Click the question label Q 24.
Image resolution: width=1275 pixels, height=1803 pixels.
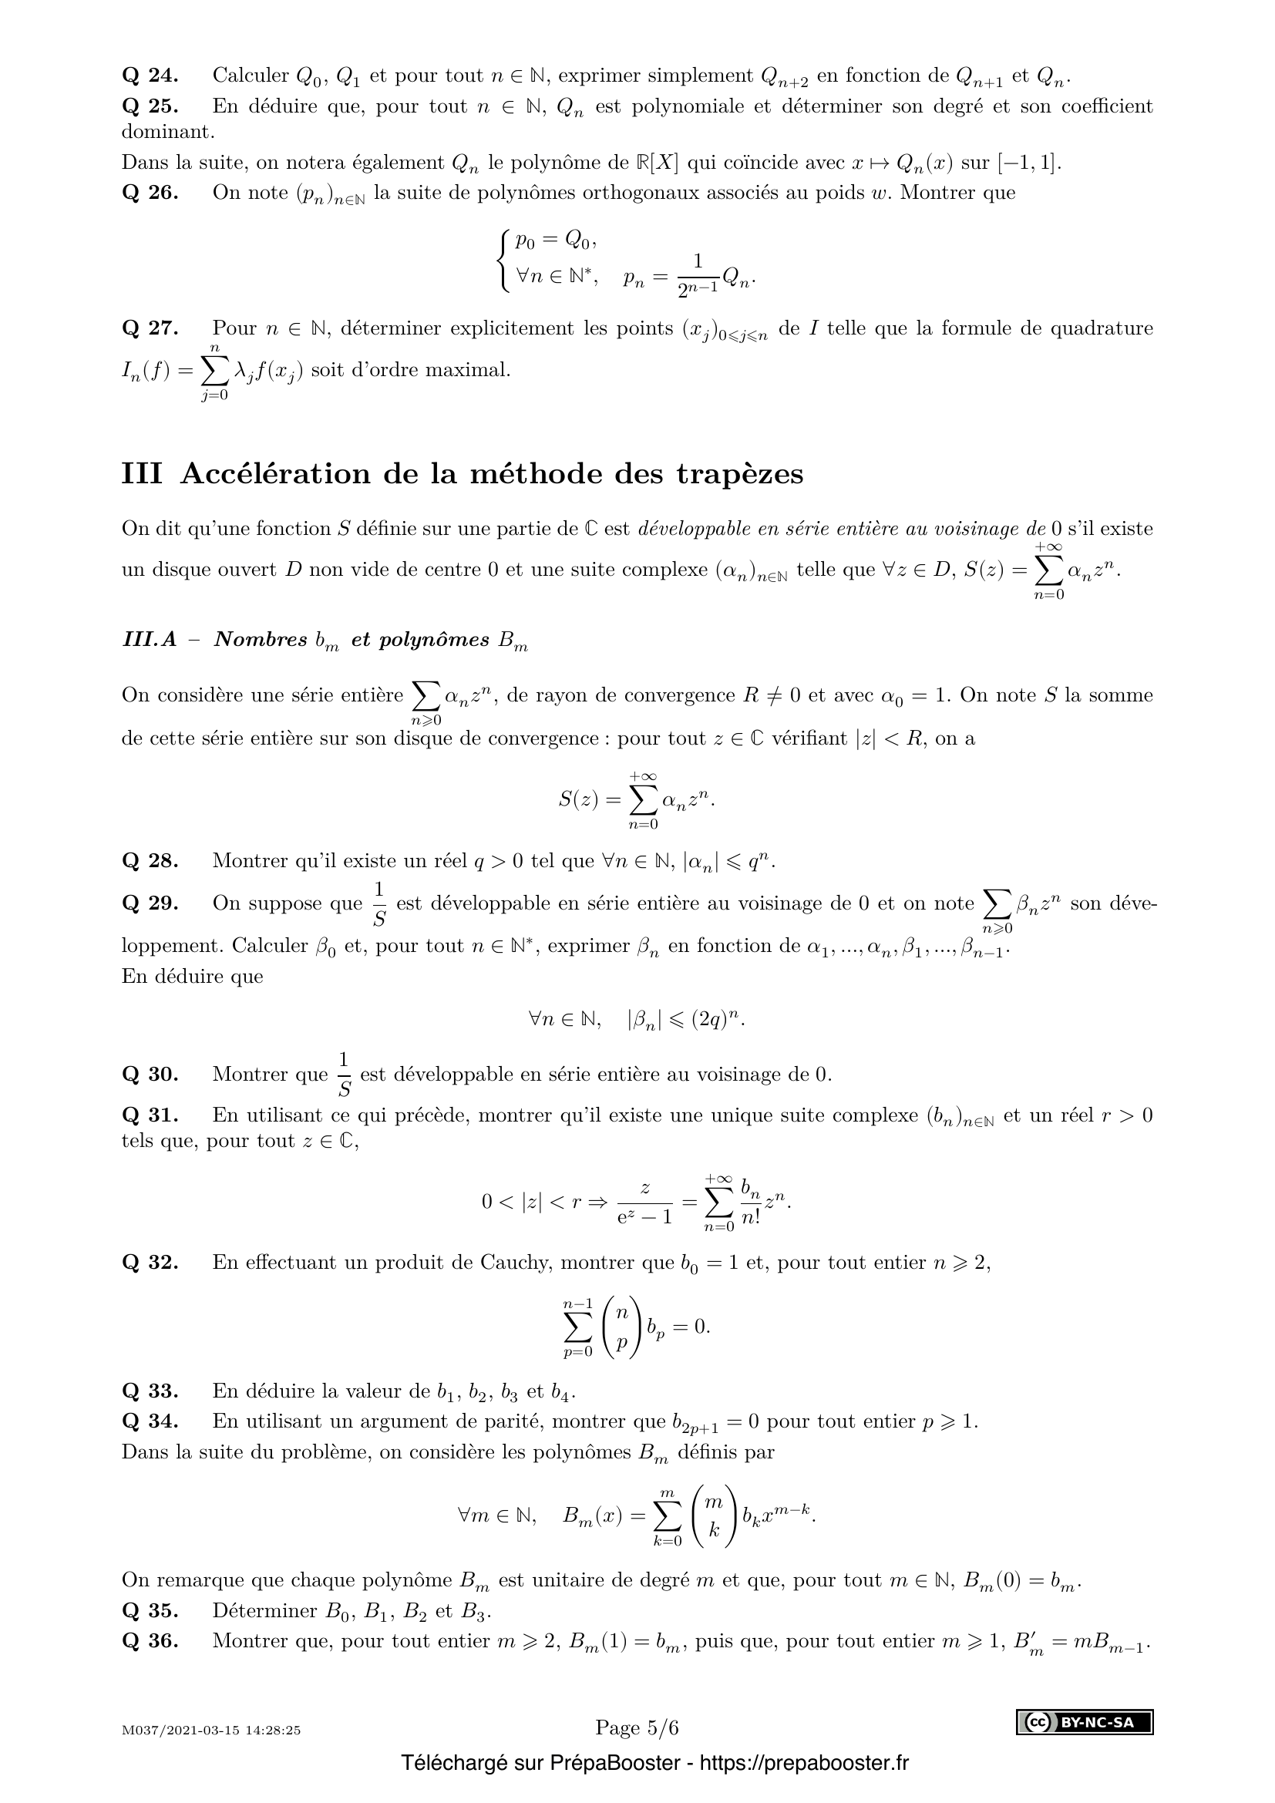pos(150,76)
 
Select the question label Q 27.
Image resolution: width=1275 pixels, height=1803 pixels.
pos(150,328)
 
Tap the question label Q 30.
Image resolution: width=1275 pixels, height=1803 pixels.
pos(150,1075)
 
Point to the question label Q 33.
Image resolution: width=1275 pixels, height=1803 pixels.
pos(150,1391)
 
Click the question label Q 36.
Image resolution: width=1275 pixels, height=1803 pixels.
pos(150,1641)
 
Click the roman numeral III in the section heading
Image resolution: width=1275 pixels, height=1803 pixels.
pos(142,474)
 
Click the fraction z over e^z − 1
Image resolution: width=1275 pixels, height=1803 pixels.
pos(643,1203)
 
